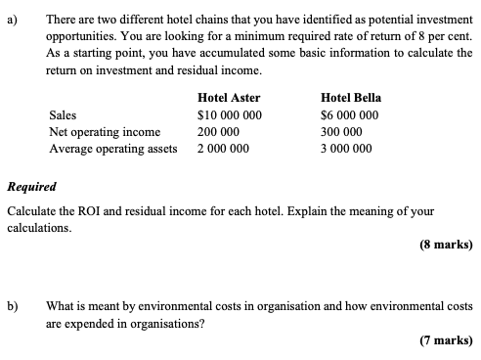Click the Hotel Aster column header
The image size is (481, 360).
(x=228, y=98)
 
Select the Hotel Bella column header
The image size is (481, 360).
(x=350, y=98)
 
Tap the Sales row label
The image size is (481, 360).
(x=63, y=115)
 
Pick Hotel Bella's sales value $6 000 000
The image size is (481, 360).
(x=349, y=115)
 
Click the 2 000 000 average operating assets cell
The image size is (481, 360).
(x=223, y=149)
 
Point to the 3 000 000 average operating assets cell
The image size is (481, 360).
(x=346, y=149)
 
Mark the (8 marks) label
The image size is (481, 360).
(x=444, y=245)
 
